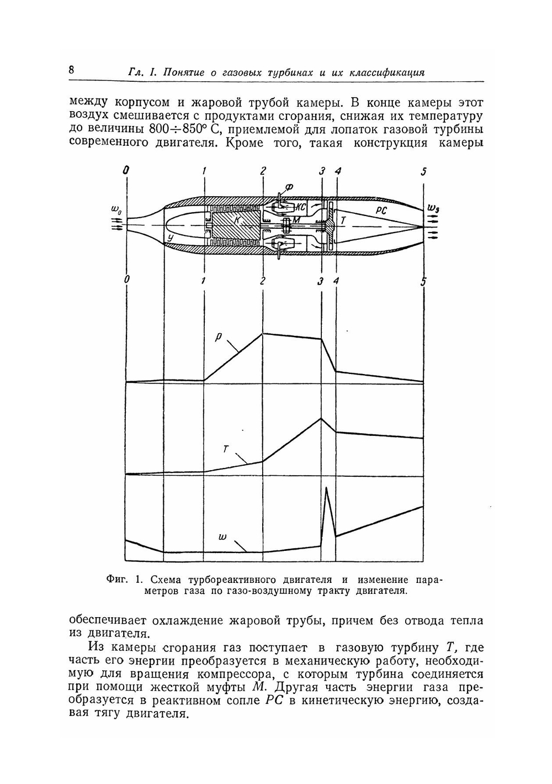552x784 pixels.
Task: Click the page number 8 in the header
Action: (x=72, y=70)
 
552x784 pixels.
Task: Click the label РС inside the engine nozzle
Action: (x=381, y=210)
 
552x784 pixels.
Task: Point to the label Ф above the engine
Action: (x=289, y=187)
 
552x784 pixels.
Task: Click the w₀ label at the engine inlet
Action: (x=116, y=211)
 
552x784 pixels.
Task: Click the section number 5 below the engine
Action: (x=423, y=282)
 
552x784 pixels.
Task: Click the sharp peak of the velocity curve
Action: (x=327, y=488)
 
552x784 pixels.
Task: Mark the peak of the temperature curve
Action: (x=320, y=418)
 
